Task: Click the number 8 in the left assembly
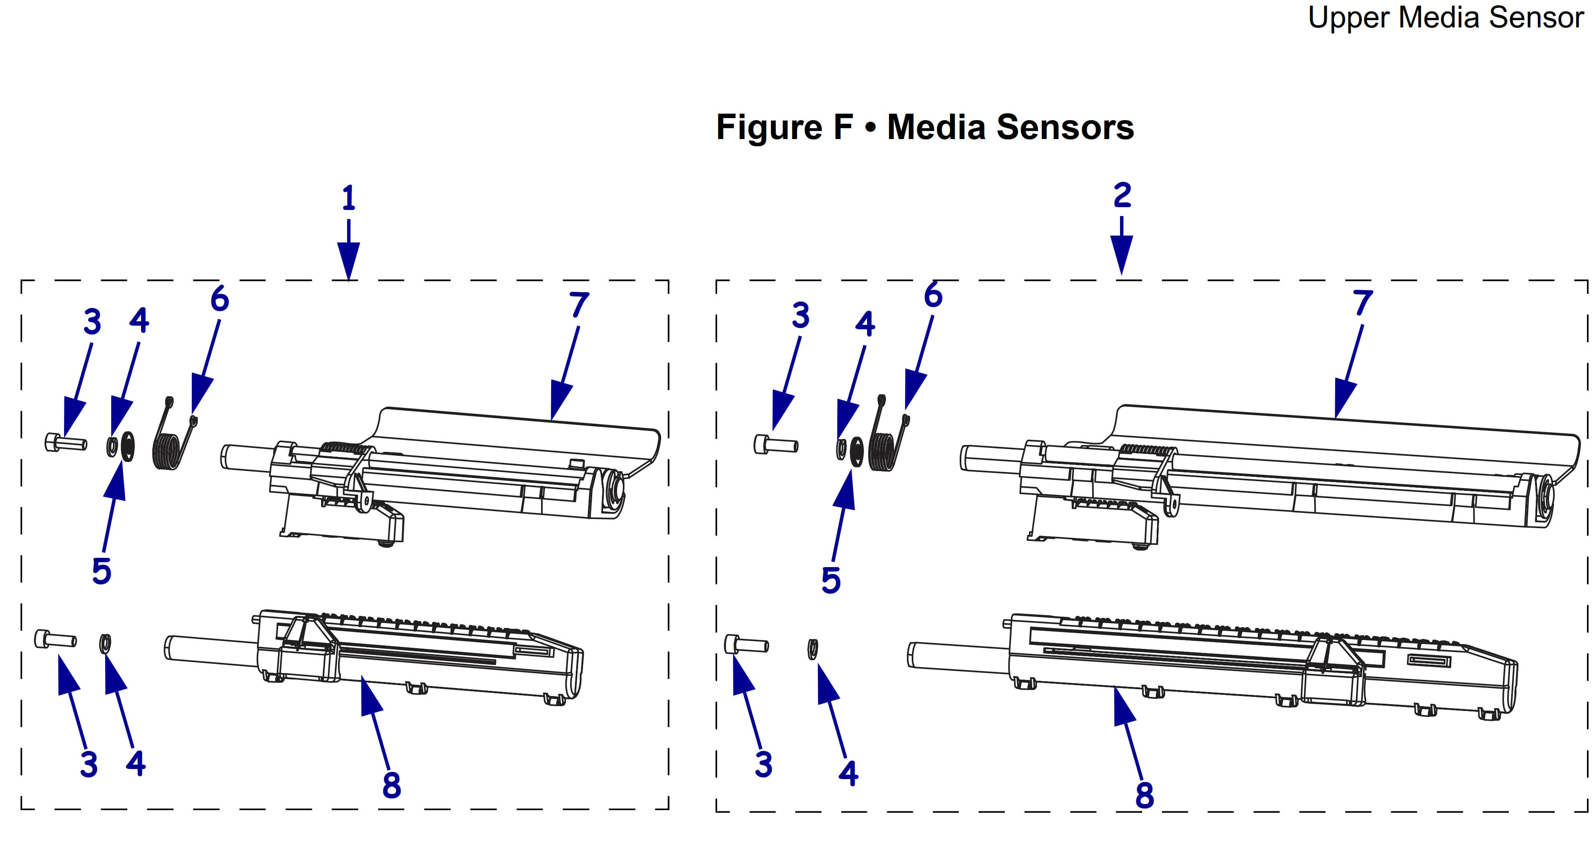[392, 785]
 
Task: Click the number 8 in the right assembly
[1145, 795]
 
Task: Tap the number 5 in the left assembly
[102, 570]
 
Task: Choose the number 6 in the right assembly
[933, 295]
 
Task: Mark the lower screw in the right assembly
[746, 645]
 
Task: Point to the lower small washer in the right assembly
[813, 649]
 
